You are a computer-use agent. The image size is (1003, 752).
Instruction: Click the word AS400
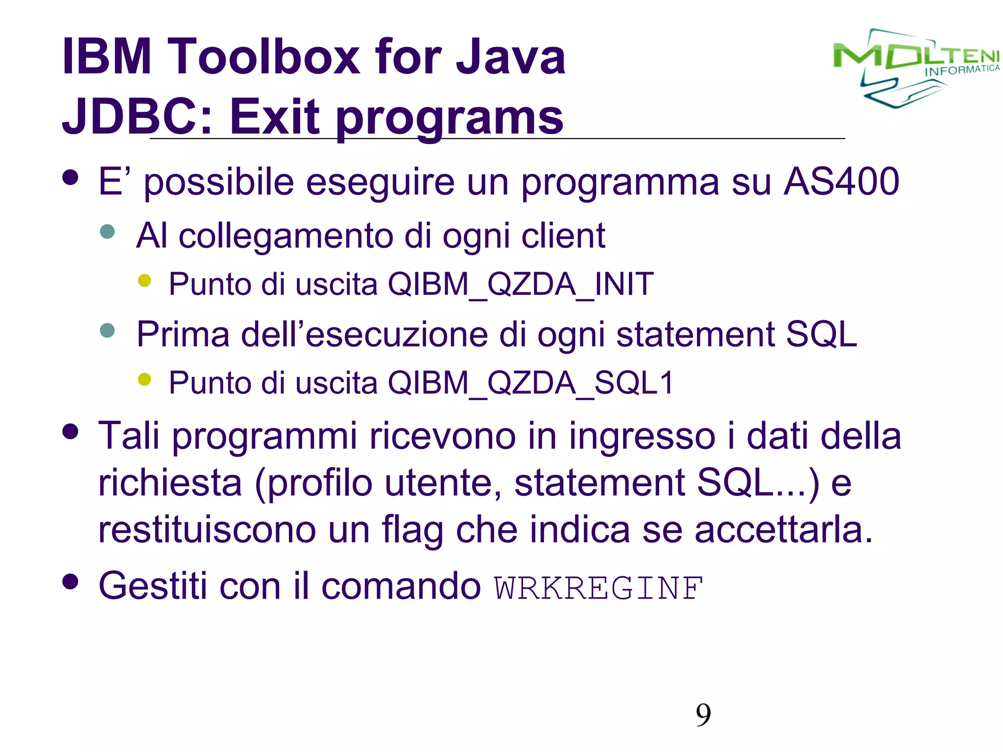click(841, 182)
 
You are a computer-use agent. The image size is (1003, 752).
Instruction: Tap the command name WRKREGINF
click(598, 588)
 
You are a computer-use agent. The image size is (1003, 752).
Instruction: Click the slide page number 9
click(703, 715)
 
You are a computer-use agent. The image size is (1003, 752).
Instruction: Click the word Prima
click(183, 335)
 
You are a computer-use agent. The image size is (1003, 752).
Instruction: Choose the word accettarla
click(784, 530)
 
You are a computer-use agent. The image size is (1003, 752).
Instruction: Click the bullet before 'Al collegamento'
click(107, 232)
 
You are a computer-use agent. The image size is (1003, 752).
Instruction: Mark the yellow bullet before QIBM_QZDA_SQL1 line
click(144, 379)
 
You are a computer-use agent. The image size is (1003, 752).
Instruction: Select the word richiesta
click(170, 483)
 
